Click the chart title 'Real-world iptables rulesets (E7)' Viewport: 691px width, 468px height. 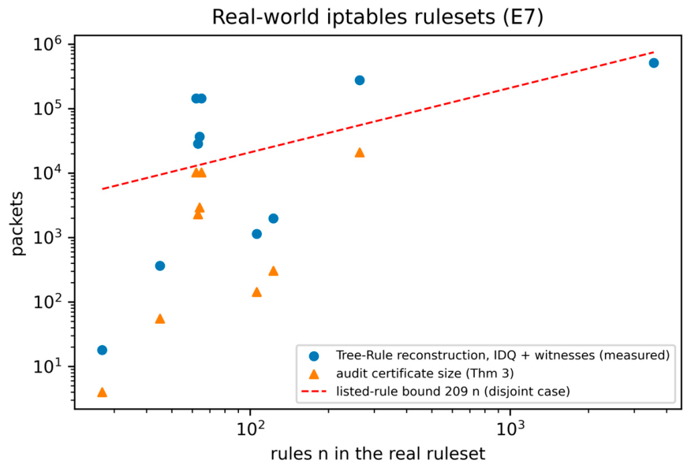pos(377,17)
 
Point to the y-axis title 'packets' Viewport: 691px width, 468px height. pos(17,223)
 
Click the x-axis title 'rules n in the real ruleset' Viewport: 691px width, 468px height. pos(378,454)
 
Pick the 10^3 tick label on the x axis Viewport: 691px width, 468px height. pos(510,428)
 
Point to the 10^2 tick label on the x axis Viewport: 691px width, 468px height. pos(250,428)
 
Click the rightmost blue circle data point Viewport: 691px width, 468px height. pos(654,63)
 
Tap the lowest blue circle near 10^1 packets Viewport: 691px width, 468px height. pos(102,350)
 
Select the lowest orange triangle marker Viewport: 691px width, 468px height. pos(102,392)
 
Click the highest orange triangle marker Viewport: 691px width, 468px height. pos(360,152)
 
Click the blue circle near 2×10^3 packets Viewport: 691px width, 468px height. pos(273,218)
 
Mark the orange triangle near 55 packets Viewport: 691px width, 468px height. pos(160,318)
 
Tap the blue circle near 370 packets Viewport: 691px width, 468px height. pos(160,266)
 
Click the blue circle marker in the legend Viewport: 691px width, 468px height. pos(314,356)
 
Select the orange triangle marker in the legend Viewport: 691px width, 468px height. pos(314,373)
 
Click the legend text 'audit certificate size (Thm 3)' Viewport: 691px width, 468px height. pos(425,373)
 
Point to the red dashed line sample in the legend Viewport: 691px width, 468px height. pos(314,392)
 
